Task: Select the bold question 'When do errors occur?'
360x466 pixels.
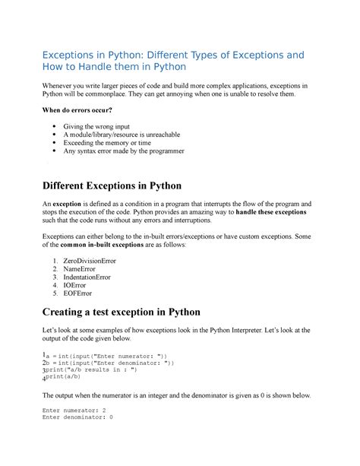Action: pos(81,111)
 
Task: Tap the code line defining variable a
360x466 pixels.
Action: pos(106,356)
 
